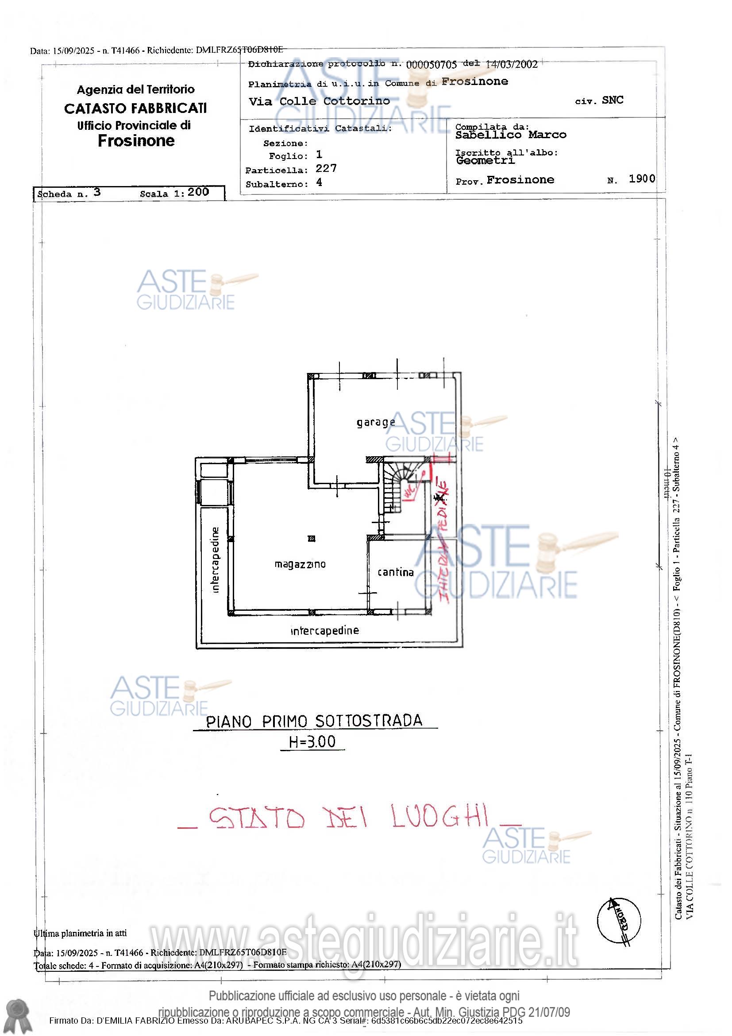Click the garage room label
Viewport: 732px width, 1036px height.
(375, 423)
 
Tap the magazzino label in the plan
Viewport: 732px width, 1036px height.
(300, 564)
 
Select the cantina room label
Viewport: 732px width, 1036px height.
(395, 572)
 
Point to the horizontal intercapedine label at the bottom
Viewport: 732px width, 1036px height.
(324, 630)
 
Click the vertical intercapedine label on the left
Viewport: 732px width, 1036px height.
(215, 559)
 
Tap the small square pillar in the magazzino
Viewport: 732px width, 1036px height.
(311, 538)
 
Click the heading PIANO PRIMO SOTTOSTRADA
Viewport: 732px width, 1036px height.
(314, 721)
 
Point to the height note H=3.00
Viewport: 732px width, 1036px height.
(312, 742)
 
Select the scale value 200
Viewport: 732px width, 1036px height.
(198, 192)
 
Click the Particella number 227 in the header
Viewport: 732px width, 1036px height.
(326, 169)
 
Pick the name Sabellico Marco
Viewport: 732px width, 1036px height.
(510, 135)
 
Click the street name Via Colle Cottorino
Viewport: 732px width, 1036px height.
(319, 101)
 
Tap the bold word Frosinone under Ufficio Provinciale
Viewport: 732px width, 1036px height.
(136, 141)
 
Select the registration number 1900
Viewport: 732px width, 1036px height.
(641, 178)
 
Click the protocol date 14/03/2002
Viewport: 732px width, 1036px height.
(511, 65)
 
